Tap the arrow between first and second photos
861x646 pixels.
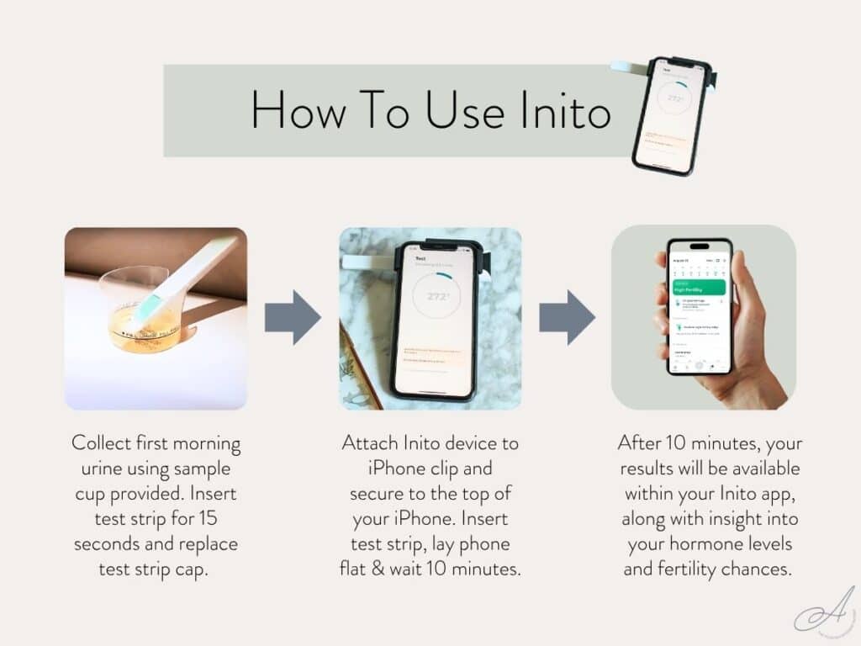pyautogui.click(x=293, y=318)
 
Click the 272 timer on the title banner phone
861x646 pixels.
pyautogui.click(x=675, y=98)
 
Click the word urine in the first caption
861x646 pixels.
pyautogui.click(x=97, y=469)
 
